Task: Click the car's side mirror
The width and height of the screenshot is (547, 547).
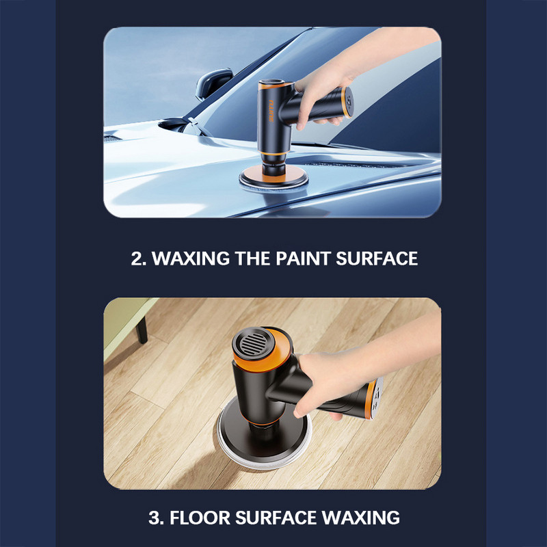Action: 213,83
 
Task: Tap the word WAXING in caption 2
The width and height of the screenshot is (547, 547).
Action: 191,258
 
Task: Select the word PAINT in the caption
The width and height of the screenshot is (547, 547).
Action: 303,258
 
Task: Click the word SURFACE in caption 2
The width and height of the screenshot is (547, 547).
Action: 377,258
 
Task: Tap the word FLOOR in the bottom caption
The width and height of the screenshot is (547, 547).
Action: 200,518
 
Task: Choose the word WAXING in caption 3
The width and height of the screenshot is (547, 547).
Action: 361,518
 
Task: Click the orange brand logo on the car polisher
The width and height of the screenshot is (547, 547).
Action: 271,111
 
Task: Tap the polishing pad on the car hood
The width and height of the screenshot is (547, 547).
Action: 274,179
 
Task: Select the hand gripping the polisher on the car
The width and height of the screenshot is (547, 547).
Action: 321,101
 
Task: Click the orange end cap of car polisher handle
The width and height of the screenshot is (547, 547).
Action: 347,102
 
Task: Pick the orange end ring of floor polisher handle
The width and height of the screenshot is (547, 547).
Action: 371,400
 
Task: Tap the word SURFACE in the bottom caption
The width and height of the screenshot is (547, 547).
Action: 276,518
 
